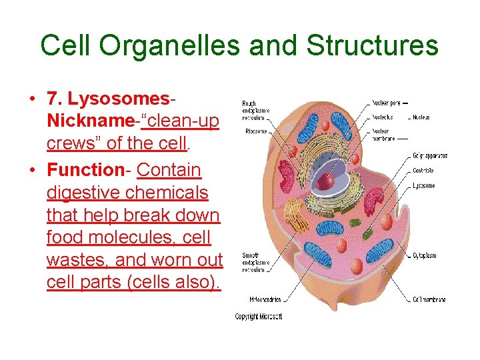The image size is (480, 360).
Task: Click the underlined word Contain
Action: [x=169, y=171]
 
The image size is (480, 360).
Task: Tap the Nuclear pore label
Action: [x=386, y=103]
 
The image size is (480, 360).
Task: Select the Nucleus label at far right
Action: [x=421, y=117]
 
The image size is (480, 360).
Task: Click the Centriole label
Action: [x=423, y=171]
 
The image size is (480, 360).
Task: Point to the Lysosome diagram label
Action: [x=424, y=185]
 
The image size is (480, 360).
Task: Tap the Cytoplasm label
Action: [x=425, y=255]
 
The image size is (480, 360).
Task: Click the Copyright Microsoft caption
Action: [x=259, y=317]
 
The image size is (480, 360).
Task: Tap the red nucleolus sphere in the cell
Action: [x=326, y=181]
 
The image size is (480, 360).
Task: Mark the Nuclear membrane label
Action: [x=384, y=135]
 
